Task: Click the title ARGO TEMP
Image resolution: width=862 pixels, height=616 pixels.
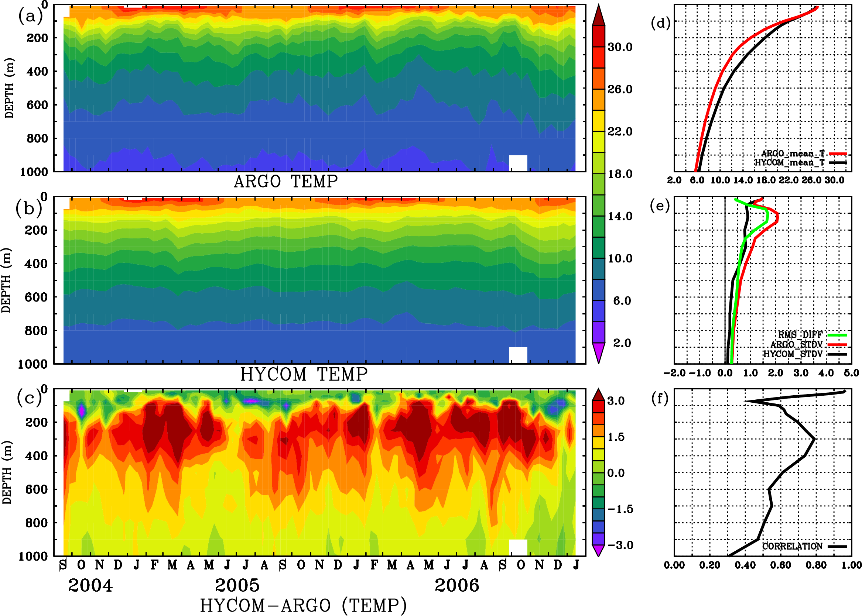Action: (x=285, y=182)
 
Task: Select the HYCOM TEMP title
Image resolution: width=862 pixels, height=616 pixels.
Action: (x=304, y=374)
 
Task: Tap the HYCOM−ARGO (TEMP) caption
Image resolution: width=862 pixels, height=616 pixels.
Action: (x=303, y=605)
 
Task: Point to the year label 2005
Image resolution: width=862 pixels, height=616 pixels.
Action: (x=237, y=586)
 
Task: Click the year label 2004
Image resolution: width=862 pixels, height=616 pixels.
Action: (x=90, y=586)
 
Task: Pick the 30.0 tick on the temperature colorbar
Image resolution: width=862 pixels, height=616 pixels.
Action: (x=620, y=47)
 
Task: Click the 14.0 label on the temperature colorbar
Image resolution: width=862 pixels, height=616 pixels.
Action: (x=620, y=216)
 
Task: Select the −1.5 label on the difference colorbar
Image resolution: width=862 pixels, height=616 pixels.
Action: (x=619, y=509)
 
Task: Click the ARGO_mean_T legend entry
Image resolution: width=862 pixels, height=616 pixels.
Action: (x=793, y=154)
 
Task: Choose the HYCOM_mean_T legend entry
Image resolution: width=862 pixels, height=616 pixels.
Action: (x=790, y=163)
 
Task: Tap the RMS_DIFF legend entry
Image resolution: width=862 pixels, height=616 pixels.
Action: (x=800, y=335)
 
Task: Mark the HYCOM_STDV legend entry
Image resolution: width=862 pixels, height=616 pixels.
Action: (x=793, y=354)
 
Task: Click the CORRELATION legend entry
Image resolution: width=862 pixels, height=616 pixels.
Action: (x=793, y=546)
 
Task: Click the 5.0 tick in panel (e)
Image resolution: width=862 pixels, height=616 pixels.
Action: (x=851, y=373)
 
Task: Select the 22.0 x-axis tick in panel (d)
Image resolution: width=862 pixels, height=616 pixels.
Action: (x=789, y=180)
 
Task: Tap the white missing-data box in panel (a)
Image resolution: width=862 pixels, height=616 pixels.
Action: (x=518, y=163)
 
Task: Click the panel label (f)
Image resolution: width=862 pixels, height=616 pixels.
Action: (x=660, y=399)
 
